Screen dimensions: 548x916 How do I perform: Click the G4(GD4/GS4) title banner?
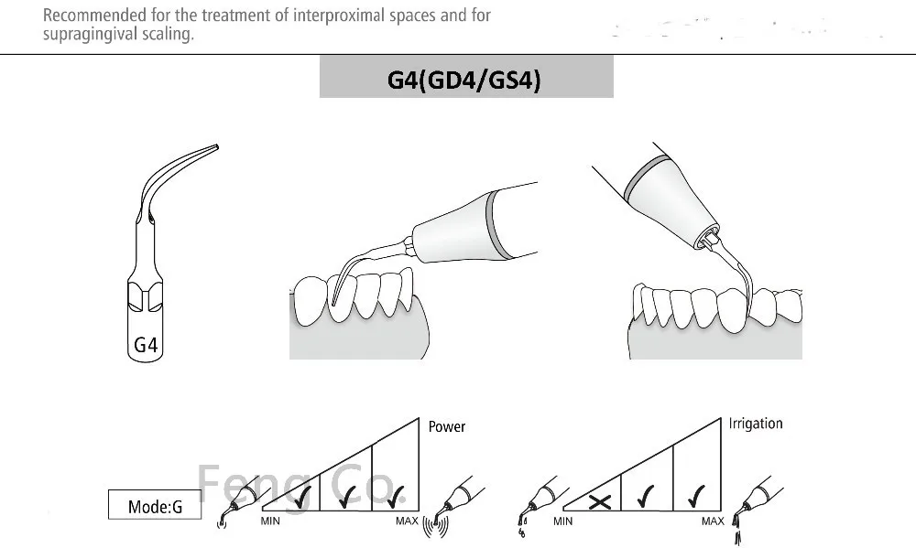click(x=465, y=81)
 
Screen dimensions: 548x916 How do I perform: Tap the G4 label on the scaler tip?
click(x=147, y=345)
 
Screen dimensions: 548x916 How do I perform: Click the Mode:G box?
click(x=153, y=504)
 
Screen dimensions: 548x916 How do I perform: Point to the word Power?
click(x=447, y=426)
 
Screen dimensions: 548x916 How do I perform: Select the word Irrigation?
click(x=756, y=424)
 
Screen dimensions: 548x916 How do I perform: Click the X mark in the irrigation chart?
click(x=601, y=501)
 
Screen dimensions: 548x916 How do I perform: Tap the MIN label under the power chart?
click(x=270, y=521)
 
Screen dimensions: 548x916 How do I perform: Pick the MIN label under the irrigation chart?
click(x=564, y=521)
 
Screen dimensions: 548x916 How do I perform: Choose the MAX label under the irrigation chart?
click(x=713, y=521)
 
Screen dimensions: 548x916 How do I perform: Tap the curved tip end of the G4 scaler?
click(x=213, y=146)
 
